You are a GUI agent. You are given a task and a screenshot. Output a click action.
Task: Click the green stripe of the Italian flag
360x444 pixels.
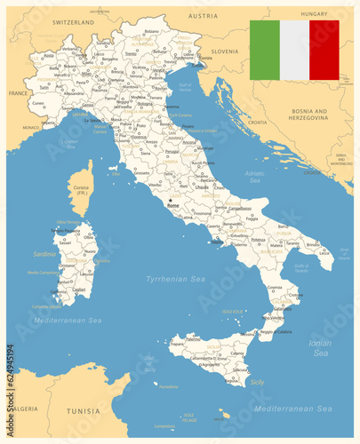pyautogui.click(x=264, y=51)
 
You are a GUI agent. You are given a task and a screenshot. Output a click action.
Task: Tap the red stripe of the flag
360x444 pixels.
pyautogui.click(x=324, y=51)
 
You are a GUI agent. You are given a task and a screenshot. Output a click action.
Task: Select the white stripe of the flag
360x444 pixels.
pyautogui.click(x=294, y=51)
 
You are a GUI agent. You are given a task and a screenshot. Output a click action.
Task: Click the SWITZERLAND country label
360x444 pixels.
pyautogui.click(x=73, y=20)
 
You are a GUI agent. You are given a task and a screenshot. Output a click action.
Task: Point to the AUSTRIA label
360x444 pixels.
pyautogui.click(x=203, y=16)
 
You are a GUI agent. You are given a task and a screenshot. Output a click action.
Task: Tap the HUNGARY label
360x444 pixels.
pyautogui.click(x=314, y=14)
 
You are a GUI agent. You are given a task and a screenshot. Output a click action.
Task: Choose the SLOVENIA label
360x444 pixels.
pyautogui.click(x=225, y=52)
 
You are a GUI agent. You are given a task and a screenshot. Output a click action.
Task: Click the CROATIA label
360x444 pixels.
pyautogui.click(x=257, y=121)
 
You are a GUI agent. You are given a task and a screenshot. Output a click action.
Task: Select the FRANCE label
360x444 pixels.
pyautogui.click(x=19, y=92)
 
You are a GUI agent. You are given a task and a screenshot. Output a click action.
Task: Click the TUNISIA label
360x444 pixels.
pyautogui.click(x=84, y=411)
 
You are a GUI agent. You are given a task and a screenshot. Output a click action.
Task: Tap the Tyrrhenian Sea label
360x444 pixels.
pyautogui.click(x=175, y=279)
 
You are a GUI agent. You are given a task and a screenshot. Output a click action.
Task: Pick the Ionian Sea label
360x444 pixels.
pyautogui.click(x=321, y=347)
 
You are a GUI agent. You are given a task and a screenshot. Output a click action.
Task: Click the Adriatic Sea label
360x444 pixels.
pyautogui.click(x=254, y=177)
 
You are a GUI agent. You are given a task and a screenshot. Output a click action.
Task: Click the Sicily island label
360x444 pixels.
pyautogui.click(x=258, y=381)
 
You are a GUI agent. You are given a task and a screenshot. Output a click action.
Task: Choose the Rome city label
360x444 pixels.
pyautogui.click(x=172, y=205)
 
